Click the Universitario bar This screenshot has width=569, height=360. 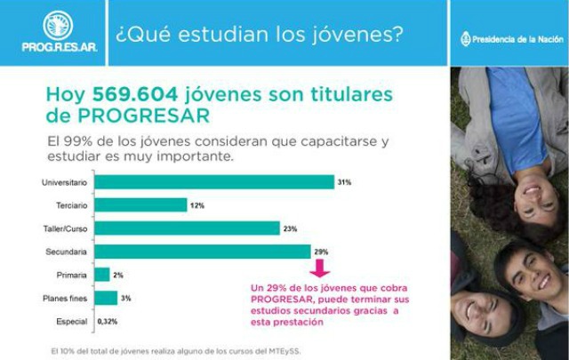click(213, 182)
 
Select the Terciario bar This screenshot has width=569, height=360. click(140, 205)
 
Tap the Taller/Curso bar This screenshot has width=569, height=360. click(187, 228)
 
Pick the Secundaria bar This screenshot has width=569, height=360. click(202, 252)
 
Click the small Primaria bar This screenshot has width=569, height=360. click(102, 275)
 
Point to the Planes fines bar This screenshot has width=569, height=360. click(106, 298)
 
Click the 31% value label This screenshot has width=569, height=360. click(343, 182)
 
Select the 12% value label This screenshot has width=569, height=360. click(197, 205)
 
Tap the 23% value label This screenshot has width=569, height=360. click(290, 228)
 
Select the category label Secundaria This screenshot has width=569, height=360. click(67, 252)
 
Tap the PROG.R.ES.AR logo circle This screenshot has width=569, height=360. click(58, 24)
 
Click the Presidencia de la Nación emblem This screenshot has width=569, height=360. click(465, 39)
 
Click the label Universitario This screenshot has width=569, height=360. click(63, 182)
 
